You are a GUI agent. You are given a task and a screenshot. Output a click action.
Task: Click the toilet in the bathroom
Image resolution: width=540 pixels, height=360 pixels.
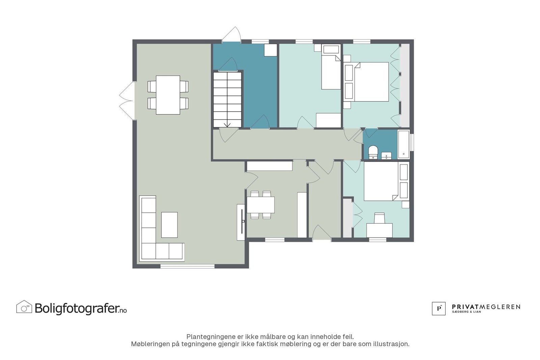(x=373, y=152)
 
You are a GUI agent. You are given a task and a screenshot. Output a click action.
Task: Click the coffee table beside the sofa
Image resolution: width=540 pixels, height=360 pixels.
(x=169, y=225)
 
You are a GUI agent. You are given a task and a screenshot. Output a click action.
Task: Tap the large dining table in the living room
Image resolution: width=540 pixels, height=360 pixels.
(x=168, y=95)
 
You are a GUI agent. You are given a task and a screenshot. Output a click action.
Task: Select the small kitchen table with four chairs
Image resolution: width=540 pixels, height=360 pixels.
(x=261, y=205)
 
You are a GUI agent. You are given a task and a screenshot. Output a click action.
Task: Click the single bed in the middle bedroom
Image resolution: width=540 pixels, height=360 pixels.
(x=331, y=67)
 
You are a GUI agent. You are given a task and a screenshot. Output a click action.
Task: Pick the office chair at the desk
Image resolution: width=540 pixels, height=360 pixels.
(x=379, y=218)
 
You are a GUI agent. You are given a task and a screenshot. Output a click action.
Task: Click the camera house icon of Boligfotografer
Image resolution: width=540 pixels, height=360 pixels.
(x=24, y=307)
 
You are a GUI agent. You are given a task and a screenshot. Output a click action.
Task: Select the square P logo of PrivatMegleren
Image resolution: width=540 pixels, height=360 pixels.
(x=438, y=308)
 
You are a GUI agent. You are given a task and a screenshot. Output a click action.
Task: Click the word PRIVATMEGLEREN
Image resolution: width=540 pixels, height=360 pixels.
(x=486, y=307)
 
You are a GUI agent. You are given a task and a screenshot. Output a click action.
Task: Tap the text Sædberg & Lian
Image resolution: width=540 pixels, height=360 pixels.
(x=466, y=312)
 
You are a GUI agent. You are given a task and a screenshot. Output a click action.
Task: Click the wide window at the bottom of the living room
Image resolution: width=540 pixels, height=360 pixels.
(x=188, y=266)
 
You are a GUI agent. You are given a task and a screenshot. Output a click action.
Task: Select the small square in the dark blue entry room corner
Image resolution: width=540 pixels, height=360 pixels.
(x=270, y=50)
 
